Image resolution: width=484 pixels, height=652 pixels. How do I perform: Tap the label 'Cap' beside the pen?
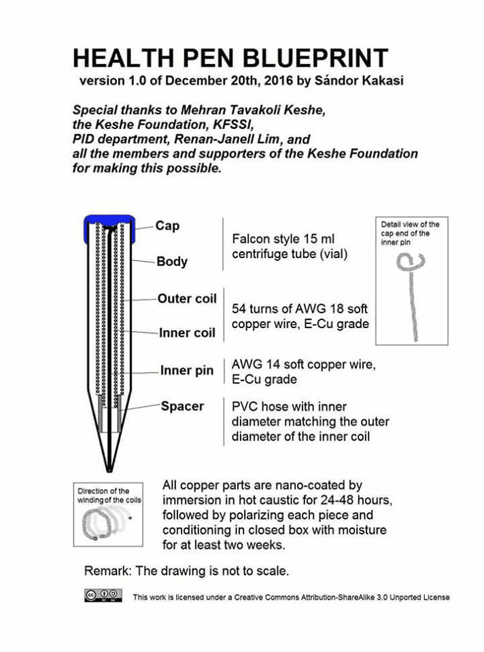[167, 225]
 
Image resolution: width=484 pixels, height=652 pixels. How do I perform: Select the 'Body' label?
[172, 261]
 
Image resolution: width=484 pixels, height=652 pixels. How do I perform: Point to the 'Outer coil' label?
[187, 299]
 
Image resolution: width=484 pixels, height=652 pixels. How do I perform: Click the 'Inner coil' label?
[187, 333]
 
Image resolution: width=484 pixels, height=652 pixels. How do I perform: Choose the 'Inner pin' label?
[187, 371]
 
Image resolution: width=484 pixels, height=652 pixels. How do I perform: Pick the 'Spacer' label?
[182, 406]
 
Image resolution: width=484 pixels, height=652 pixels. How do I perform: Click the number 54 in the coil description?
[239, 309]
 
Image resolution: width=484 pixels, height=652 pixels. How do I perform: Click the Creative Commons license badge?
[103, 596]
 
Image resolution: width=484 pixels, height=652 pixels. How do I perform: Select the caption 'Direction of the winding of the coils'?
[108, 496]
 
